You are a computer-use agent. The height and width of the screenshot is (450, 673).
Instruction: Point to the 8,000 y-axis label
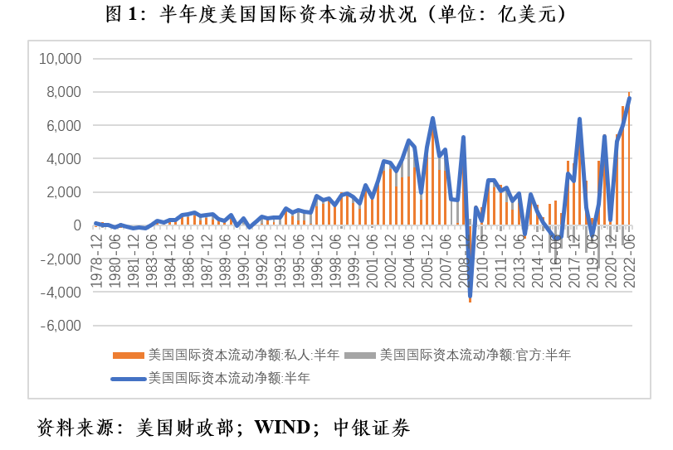(63, 92)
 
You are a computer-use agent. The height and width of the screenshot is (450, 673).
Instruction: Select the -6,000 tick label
(60, 326)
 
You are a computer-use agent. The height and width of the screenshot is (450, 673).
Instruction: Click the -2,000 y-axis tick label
(60, 259)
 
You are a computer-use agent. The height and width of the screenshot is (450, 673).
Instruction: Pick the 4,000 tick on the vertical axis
(63, 159)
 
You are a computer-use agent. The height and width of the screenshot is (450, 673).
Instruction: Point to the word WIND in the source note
(285, 428)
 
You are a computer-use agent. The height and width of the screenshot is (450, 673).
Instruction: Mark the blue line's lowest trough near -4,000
(470, 296)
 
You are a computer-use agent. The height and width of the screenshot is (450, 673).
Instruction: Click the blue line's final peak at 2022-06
(630, 98)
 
